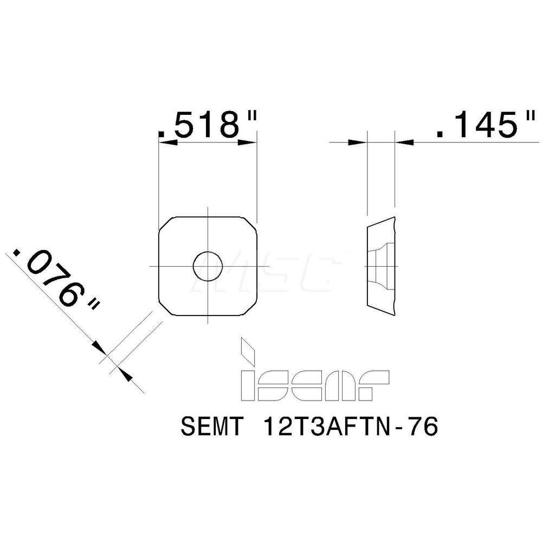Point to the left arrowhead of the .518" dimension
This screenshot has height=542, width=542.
(x=165, y=143)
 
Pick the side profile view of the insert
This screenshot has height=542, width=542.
(x=382, y=266)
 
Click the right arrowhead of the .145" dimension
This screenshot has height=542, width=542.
(x=404, y=143)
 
